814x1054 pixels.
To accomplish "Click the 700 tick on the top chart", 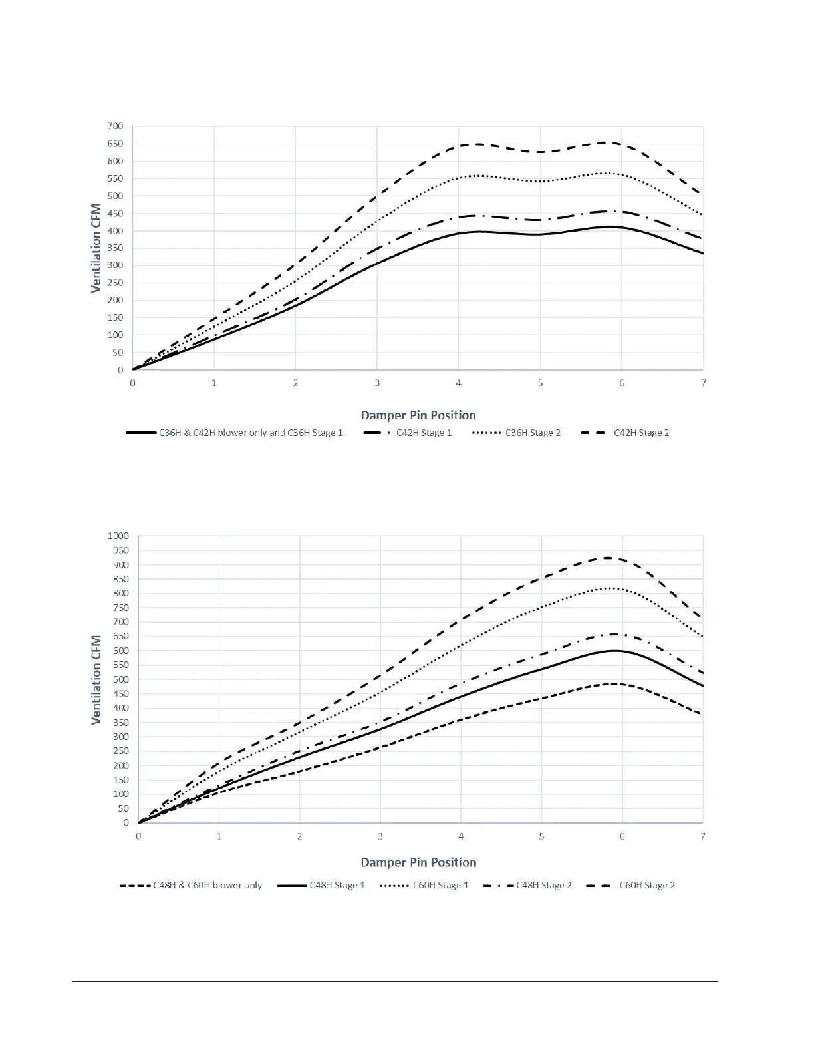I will point(115,126).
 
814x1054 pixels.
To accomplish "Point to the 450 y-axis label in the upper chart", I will point(115,214).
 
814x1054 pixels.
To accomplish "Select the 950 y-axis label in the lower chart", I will point(120,550).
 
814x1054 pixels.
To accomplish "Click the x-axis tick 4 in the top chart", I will point(458,383).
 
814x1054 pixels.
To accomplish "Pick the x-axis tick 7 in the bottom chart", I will point(703,836).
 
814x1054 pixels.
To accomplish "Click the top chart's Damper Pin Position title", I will point(418,415).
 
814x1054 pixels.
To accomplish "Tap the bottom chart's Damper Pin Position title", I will point(418,862).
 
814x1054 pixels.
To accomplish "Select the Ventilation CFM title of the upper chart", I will point(97,248).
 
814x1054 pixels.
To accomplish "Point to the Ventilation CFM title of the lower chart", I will point(97,679).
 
